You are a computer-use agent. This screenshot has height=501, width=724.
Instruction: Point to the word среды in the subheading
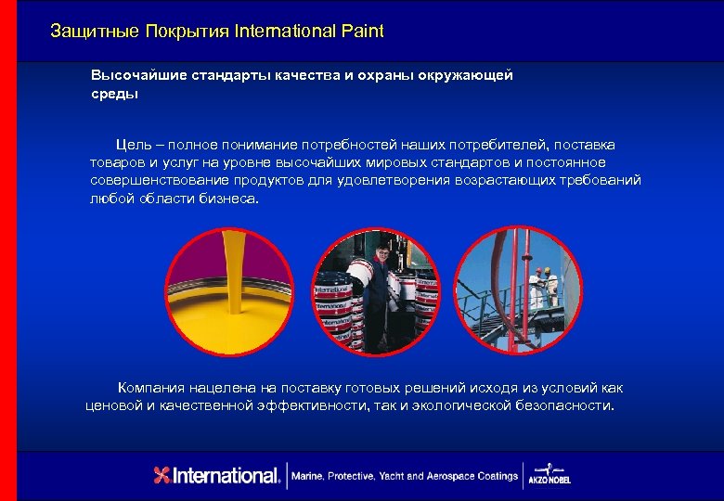point(114,94)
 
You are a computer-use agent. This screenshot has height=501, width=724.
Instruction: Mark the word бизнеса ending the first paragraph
point(230,198)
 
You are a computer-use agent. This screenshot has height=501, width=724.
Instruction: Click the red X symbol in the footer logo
point(163,476)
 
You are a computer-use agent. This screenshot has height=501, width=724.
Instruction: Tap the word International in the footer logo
point(227,476)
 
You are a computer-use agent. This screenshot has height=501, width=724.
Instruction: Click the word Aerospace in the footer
point(454,476)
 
